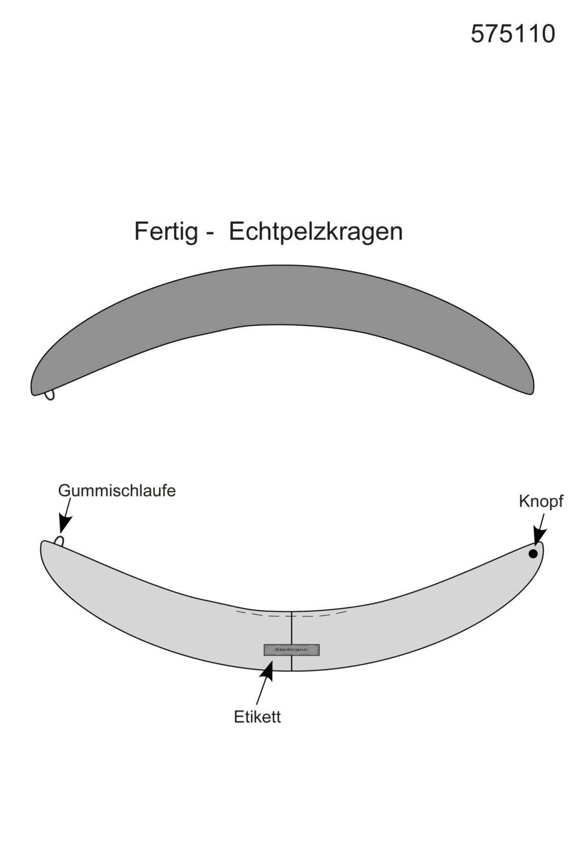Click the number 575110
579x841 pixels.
point(512,34)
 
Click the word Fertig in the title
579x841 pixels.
point(166,232)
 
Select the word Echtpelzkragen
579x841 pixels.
point(316,232)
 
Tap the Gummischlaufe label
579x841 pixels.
point(117,490)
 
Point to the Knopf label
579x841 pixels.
point(541,502)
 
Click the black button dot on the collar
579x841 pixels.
point(533,553)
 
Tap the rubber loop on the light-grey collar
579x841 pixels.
point(60,541)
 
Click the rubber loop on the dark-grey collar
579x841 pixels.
point(49,395)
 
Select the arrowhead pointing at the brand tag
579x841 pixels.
point(267,670)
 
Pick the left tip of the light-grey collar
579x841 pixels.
point(41,545)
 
